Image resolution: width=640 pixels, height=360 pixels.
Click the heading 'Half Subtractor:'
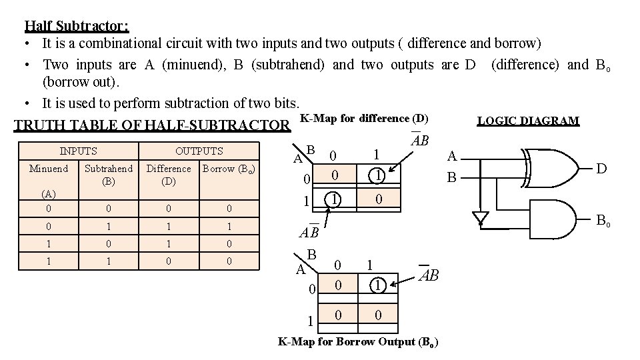pyautogui.click(x=77, y=26)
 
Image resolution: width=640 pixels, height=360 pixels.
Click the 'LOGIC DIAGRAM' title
pyautogui.click(x=528, y=121)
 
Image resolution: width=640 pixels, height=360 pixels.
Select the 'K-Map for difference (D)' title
pyautogui.click(x=364, y=119)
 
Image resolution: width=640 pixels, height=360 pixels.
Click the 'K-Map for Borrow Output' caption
pyautogui.click(x=357, y=343)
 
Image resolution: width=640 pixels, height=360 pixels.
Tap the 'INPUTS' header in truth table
pyautogui.click(x=78, y=151)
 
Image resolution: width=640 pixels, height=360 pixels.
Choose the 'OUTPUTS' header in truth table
pyautogui.click(x=199, y=151)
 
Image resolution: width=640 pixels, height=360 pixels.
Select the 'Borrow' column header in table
pyautogui.click(x=228, y=169)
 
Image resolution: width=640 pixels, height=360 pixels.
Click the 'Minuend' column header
pyautogui.click(x=48, y=169)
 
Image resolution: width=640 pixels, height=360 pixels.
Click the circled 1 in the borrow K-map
pyautogui.click(x=377, y=285)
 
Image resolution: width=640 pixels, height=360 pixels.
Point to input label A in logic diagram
pyautogui.click(x=451, y=156)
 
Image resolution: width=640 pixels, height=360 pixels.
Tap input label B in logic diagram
pyautogui.click(x=451, y=177)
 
